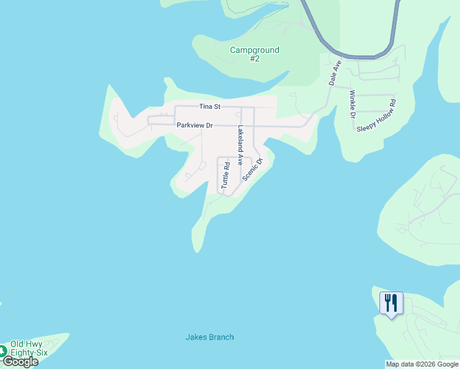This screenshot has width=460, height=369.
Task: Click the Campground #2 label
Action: pyautogui.click(x=255, y=54)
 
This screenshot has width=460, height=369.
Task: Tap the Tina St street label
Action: pyautogui.click(x=210, y=107)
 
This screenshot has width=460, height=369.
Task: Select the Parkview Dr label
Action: pyautogui.click(x=194, y=125)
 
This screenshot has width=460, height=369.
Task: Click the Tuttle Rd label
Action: pyautogui.click(x=226, y=175)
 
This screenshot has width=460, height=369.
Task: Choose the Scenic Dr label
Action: pyautogui.click(x=252, y=169)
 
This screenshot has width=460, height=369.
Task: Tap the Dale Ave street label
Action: pyautogui.click(x=335, y=73)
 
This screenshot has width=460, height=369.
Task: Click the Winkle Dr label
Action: pyautogui.click(x=352, y=104)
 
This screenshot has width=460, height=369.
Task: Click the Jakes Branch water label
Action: pyautogui.click(x=210, y=337)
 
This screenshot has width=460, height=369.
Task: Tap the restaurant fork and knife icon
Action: pyautogui.click(x=391, y=303)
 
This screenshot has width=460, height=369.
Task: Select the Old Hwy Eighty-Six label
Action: pyautogui.click(x=29, y=349)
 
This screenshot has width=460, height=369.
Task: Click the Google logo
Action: pyautogui.click(x=20, y=362)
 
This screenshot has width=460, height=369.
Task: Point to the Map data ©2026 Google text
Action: pyautogui.click(x=422, y=364)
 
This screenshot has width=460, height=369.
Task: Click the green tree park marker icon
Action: pyautogui.click(x=2, y=351)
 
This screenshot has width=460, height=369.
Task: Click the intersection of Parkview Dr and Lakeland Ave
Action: pyautogui.click(x=241, y=125)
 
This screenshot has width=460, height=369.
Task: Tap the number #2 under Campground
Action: pyautogui.click(x=255, y=59)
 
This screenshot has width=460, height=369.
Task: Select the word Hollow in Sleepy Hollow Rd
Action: pyautogui.click(x=377, y=112)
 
